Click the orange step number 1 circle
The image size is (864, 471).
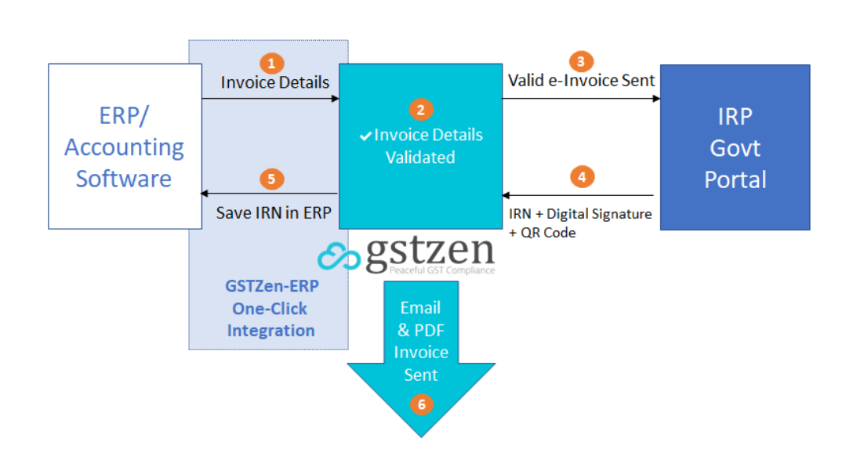(x=271, y=62)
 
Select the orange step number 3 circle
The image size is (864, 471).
(x=580, y=61)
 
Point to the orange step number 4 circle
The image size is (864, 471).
(x=581, y=177)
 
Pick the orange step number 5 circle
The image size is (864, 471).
(x=271, y=179)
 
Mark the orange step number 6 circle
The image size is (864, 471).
(x=421, y=404)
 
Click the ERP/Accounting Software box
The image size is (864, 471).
(x=125, y=147)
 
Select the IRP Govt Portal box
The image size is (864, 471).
(x=735, y=147)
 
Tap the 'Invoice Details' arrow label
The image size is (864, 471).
(x=274, y=82)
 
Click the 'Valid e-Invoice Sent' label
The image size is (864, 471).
(x=581, y=80)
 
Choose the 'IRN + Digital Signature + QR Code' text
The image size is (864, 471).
(x=580, y=223)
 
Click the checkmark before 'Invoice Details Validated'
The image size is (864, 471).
(x=365, y=136)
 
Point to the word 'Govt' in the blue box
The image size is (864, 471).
(x=735, y=147)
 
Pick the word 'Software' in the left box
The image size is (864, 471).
(x=124, y=178)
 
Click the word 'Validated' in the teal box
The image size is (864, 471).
(x=420, y=158)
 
